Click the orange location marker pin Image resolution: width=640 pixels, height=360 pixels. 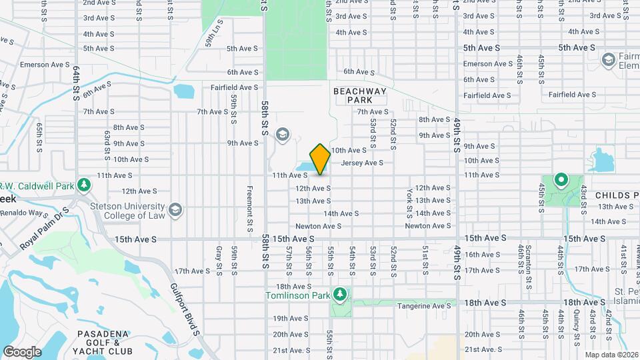(x=320, y=159)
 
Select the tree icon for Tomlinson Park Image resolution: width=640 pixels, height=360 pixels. (x=341, y=293)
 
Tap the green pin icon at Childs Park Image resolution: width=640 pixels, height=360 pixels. (x=561, y=179)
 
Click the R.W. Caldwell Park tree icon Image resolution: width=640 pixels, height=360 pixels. (x=84, y=183)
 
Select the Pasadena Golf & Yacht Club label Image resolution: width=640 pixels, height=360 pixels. (x=105, y=342)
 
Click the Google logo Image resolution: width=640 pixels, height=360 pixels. (x=21, y=351)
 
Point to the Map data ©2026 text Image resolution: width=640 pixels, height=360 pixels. (x=611, y=355)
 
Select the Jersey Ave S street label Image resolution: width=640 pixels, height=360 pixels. (x=362, y=163)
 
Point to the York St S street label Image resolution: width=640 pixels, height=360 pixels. (x=409, y=202)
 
